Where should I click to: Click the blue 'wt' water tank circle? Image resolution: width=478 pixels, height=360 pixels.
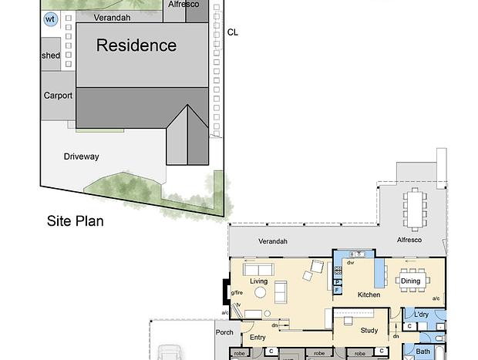pos(50,19)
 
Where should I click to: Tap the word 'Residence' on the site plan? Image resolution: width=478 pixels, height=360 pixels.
pos(136,45)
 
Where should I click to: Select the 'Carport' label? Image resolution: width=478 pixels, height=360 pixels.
pos(58,96)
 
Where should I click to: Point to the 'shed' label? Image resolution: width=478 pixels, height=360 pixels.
pos(51,56)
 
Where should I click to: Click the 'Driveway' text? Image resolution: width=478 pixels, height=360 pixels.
pos(82,156)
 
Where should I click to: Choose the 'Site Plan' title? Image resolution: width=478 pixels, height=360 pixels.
pos(76,221)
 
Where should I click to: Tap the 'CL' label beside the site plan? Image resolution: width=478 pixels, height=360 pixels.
pos(233,32)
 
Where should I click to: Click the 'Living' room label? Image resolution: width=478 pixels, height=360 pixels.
pos(258,281)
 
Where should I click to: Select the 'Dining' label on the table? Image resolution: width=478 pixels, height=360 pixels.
pos(410,281)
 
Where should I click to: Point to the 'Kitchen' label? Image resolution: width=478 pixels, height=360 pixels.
pos(369,294)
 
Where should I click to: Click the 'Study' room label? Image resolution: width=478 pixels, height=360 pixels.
pos(369,331)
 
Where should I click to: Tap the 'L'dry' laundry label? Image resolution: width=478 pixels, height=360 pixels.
pos(421,315)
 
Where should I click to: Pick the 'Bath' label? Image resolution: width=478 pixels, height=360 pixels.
pos(422,352)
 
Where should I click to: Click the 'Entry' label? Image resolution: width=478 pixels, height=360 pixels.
pos(258,337)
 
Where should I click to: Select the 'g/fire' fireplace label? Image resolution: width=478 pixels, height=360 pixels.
pos(237,293)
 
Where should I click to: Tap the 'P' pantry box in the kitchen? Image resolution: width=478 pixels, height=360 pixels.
pos(338,282)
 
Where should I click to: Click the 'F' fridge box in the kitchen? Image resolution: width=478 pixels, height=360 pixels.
pos(338,290)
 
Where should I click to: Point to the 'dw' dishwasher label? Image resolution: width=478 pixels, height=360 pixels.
pos(351,262)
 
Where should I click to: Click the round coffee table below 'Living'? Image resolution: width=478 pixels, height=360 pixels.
pos(260,293)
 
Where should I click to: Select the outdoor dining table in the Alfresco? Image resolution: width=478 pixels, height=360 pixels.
pos(415,210)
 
